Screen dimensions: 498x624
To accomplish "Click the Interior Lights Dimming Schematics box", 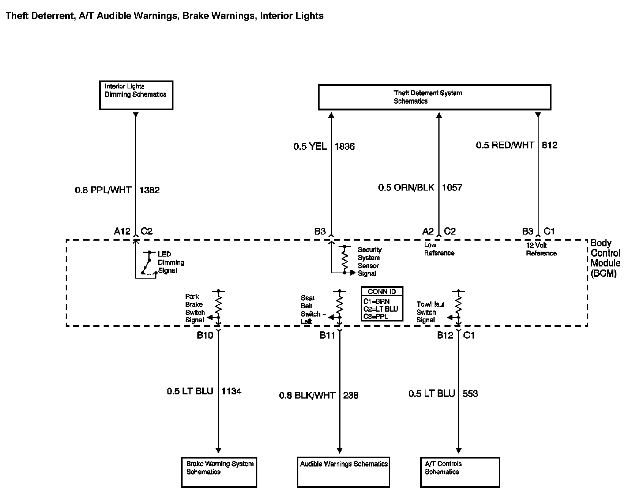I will [136, 95].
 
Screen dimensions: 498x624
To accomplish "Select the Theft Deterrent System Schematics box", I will [434, 97].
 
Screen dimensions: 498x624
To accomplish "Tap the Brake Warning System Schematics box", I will [219, 472].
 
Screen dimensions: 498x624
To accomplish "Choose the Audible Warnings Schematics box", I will [344, 472].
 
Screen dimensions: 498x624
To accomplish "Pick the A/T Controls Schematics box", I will [460, 472].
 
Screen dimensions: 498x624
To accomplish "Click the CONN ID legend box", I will [382, 304].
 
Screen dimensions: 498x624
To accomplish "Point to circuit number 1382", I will [150, 190].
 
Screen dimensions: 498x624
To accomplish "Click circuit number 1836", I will [345, 147].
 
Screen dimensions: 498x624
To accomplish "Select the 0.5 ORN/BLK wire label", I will [406, 188].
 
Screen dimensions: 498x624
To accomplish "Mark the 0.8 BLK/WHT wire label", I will [307, 396].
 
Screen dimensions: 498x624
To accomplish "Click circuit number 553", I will [470, 394].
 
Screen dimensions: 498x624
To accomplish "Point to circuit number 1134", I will [232, 391].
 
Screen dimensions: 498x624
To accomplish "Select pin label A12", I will [122, 231].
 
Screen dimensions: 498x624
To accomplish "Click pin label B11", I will [327, 335].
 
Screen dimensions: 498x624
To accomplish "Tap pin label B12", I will [445, 335].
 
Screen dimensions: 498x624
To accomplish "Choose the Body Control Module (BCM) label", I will [605, 258].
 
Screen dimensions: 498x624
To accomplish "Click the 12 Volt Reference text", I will [541, 249].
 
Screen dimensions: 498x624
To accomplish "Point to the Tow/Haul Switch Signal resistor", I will [459, 304].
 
